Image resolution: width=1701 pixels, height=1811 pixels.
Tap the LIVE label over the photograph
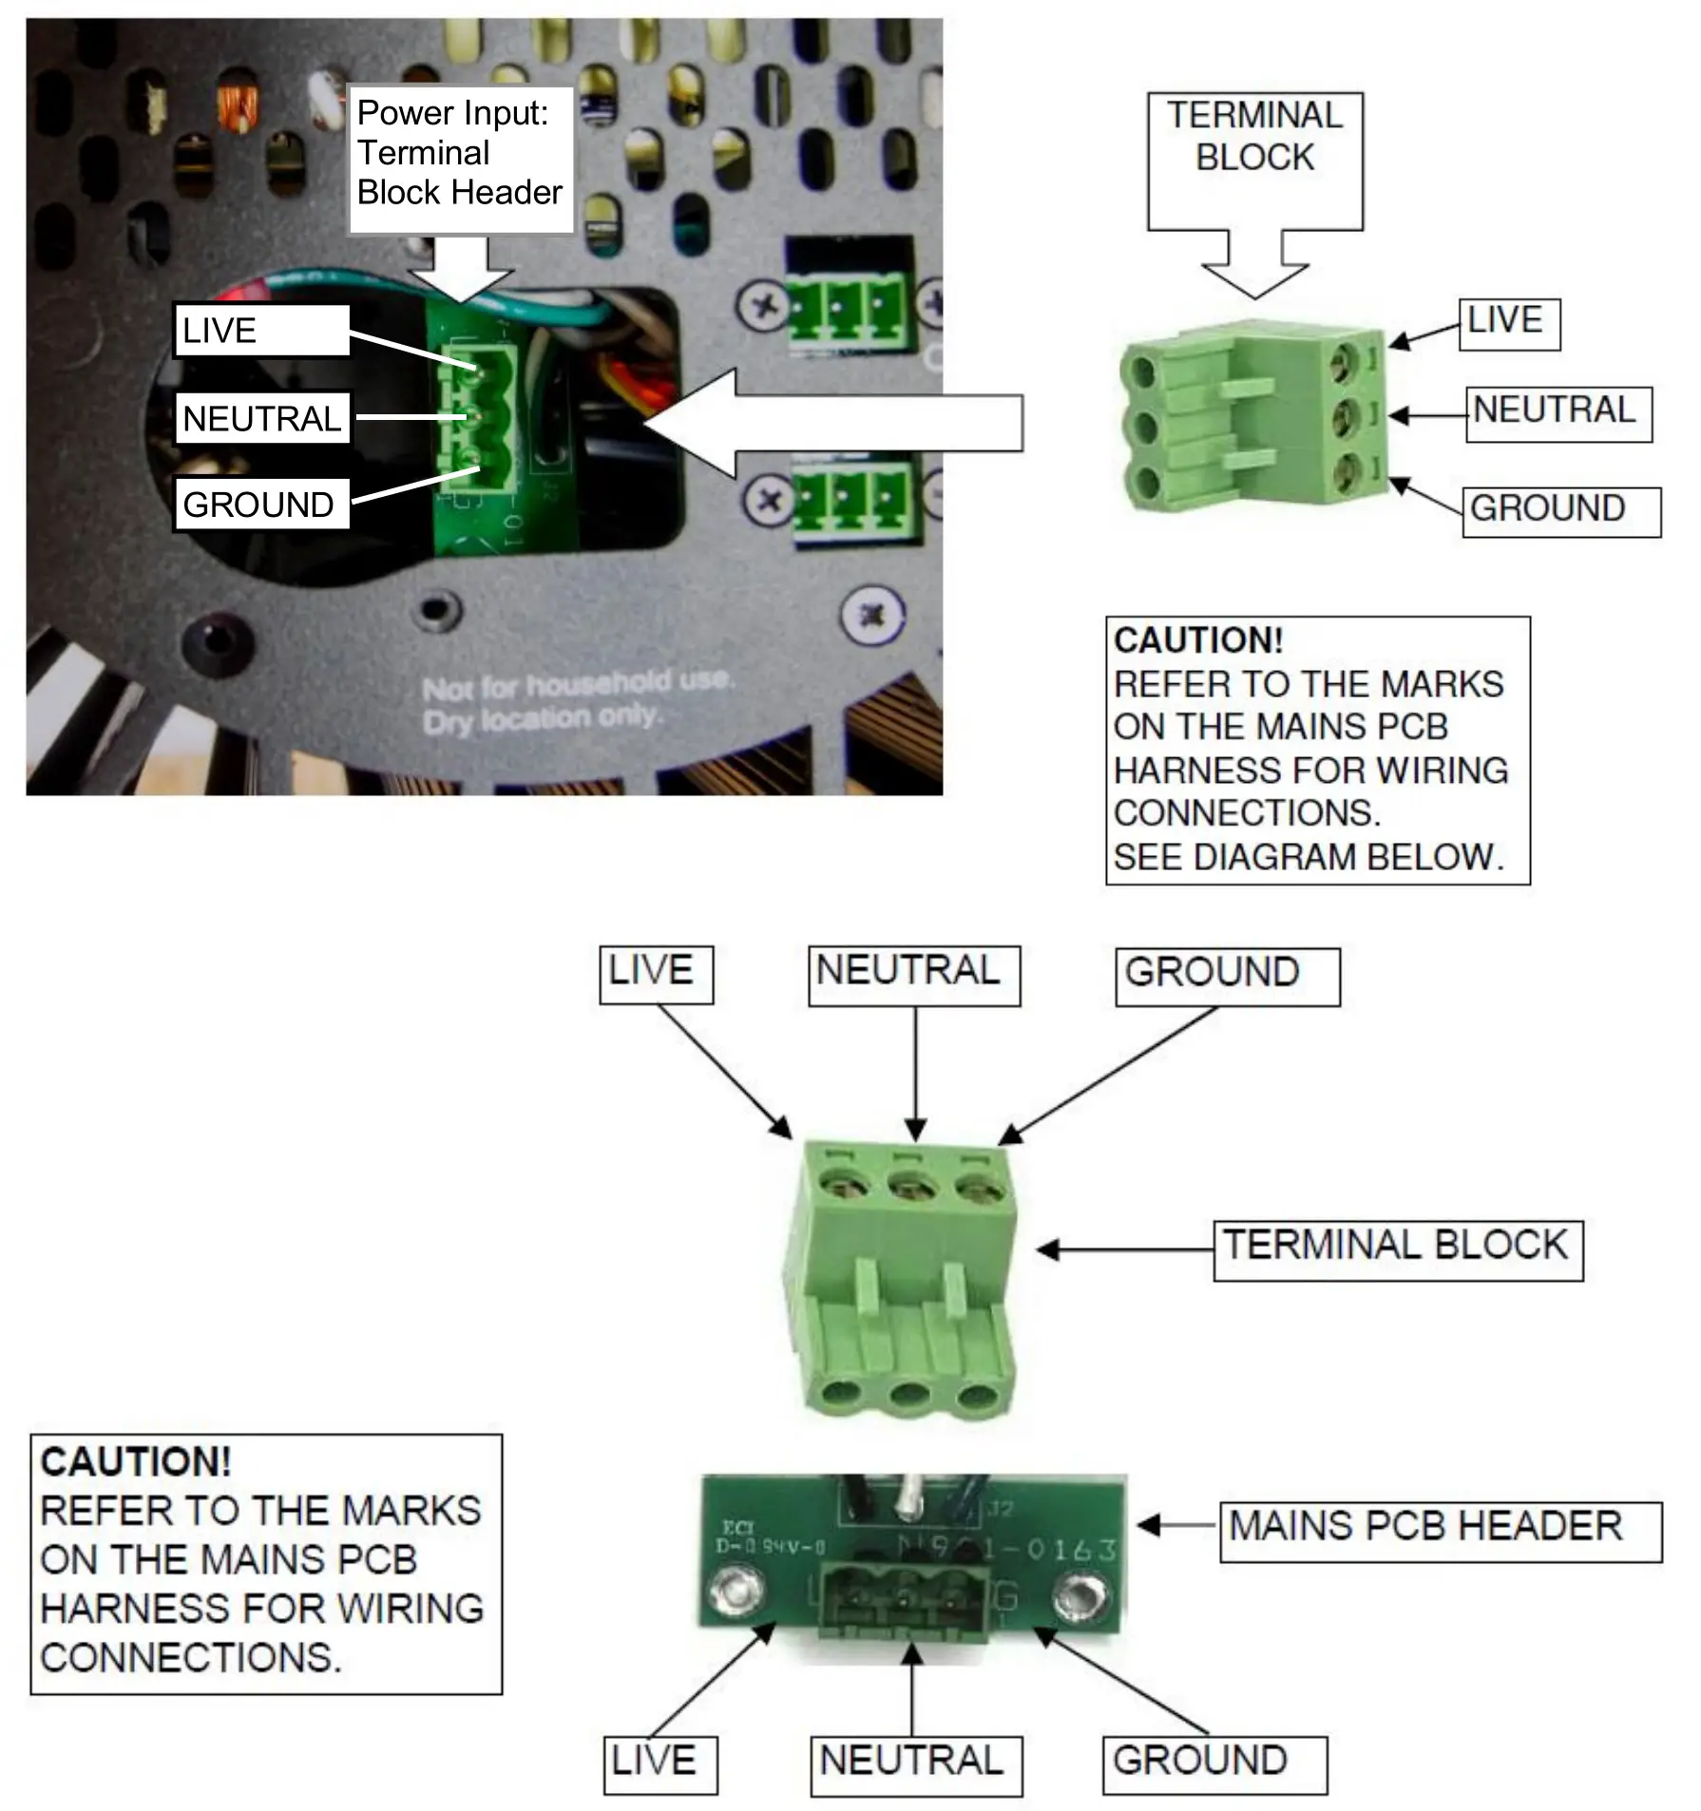click(x=261, y=331)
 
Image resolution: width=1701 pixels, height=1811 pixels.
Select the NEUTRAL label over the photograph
click(x=262, y=418)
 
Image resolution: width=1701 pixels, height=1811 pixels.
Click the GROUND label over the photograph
click(x=259, y=504)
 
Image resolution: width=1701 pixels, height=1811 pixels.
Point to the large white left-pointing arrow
click(x=836, y=423)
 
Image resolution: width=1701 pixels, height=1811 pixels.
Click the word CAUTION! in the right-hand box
click(x=1197, y=640)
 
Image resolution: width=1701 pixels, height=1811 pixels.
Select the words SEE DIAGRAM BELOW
click(x=1308, y=857)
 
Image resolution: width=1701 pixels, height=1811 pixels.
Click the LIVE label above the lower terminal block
click(x=654, y=972)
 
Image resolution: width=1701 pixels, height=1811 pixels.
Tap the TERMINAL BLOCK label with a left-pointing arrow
click(x=1397, y=1248)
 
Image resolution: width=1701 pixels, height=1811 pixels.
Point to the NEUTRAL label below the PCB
click(x=914, y=1763)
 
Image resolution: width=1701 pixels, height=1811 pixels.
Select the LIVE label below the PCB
click(x=659, y=1763)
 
